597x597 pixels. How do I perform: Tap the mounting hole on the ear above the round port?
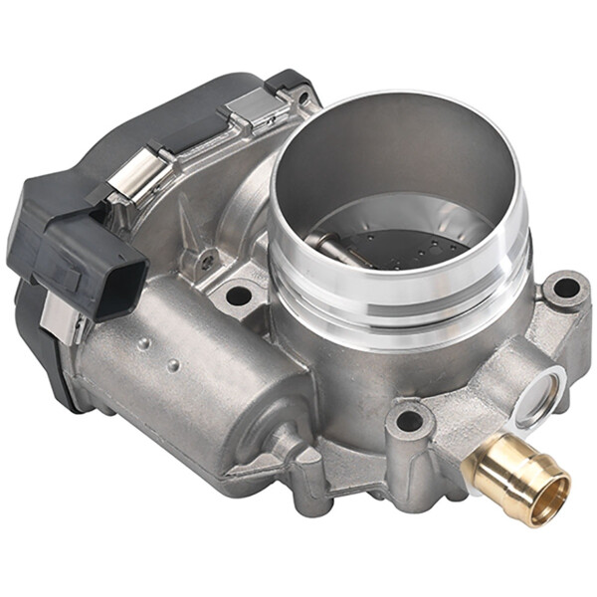[565, 289]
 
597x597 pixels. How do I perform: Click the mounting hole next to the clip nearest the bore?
[300, 97]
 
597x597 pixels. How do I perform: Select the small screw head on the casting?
[206, 261]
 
